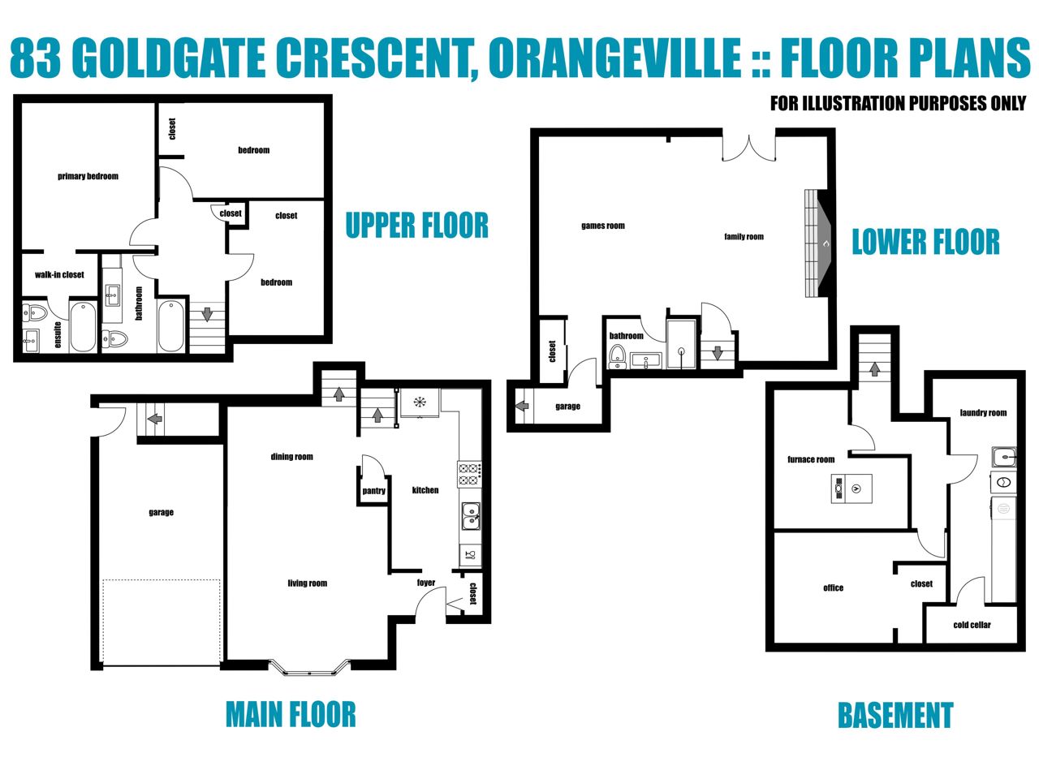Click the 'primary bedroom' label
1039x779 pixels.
(x=88, y=176)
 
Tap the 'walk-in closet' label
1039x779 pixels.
(x=59, y=275)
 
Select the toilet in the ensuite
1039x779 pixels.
(x=35, y=312)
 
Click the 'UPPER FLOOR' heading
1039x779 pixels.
(x=416, y=225)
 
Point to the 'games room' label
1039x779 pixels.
(x=602, y=226)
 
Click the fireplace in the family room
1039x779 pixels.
(x=817, y=243)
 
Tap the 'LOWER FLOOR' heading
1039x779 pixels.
(x=925, y=242)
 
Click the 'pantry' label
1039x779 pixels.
(x=373, y=491)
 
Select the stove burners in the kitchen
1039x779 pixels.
(x=469, y=475)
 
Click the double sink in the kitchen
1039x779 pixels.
(x=471, y=515)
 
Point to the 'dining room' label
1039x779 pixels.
(x=291, y=457)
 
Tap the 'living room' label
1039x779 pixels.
(x=307, y=583)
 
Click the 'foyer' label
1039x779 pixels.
(x=425, y=583)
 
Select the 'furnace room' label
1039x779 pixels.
(x=811, y=459)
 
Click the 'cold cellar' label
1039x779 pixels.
(x=972, y=625)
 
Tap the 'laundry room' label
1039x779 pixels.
(x=983, y=412)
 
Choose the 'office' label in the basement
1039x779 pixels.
(x=833, y=588)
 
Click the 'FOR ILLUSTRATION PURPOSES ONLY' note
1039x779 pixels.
(x=898, y=104)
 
